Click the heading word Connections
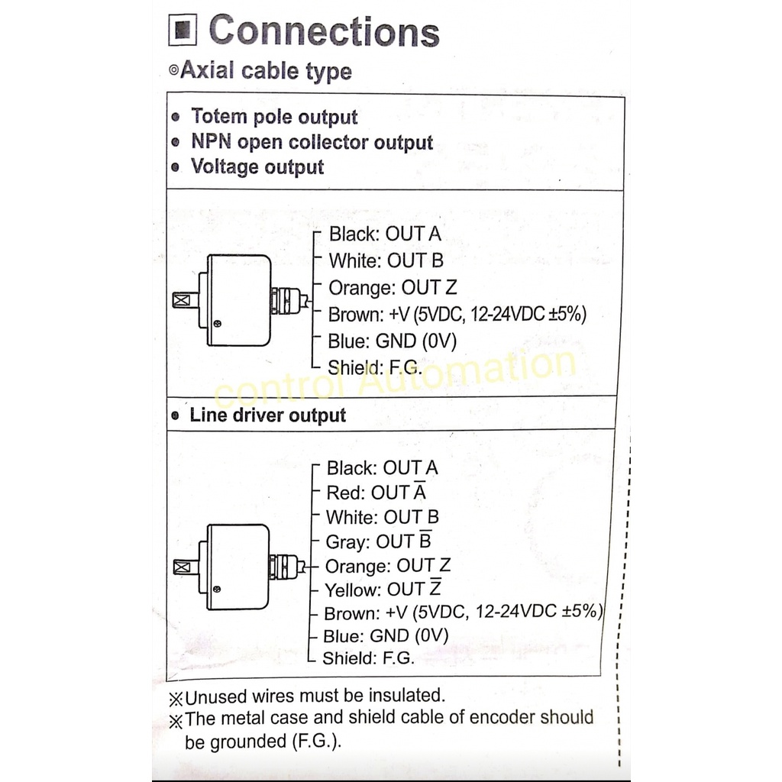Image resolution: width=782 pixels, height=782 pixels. (x=324, y=31)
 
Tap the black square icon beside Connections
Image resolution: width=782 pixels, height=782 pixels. (x=183, y=32)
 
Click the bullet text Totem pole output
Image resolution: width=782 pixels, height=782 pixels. (x=273, y=117)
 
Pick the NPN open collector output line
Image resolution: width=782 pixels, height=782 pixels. (x=312, y=142)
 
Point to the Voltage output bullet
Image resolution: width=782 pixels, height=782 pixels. (x=257, y=167)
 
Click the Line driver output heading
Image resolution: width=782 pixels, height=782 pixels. (x=267, y=415)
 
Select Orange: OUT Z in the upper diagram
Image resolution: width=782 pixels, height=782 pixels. (x=393, y=288)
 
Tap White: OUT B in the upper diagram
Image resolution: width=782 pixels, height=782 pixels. (x=386, y=261)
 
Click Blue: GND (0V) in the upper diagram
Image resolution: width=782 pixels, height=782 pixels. (x=392, y=341)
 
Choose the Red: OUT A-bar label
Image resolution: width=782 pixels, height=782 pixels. (x=376, y=493)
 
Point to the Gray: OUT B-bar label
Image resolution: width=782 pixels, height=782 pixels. (x=378, y=541)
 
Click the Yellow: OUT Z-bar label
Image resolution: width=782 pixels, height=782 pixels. (x=383, y=590)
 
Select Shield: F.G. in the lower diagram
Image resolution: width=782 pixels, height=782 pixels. (x=368, y=658)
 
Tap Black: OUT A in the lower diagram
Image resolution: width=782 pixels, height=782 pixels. (x=382, y=467)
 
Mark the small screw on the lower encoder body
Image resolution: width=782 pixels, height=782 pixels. (x=218, y=590)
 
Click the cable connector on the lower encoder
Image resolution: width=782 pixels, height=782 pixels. (x=286, y=566)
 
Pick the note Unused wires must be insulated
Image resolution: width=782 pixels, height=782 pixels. (x=314, y=696)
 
